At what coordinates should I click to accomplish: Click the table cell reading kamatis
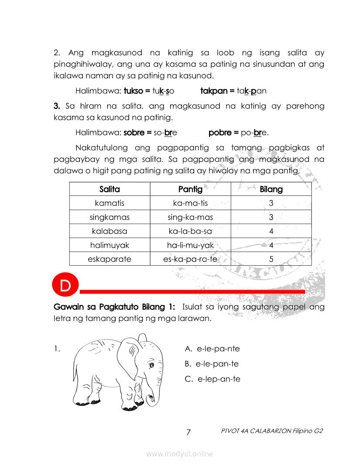point(110,203)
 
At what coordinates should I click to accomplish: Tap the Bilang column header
point(271,189)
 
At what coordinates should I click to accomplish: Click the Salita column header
point(110,189)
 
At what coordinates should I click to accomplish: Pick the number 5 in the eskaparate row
point(271,259)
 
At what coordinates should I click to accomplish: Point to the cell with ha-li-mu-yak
point(190,245)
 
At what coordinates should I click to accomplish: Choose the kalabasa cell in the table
point(110,231)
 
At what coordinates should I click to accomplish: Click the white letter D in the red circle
point(65,286)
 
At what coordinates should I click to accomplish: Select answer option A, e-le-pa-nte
point(213,349)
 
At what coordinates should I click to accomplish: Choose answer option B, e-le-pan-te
point(212,364)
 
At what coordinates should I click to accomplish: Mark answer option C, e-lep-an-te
point(213,379)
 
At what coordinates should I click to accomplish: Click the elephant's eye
point(151,365)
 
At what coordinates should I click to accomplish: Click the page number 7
point(189,432)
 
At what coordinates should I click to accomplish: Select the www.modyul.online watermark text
point(180,454)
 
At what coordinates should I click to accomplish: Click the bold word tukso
point(134,91)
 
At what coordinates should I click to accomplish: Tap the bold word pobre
point(220,132)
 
